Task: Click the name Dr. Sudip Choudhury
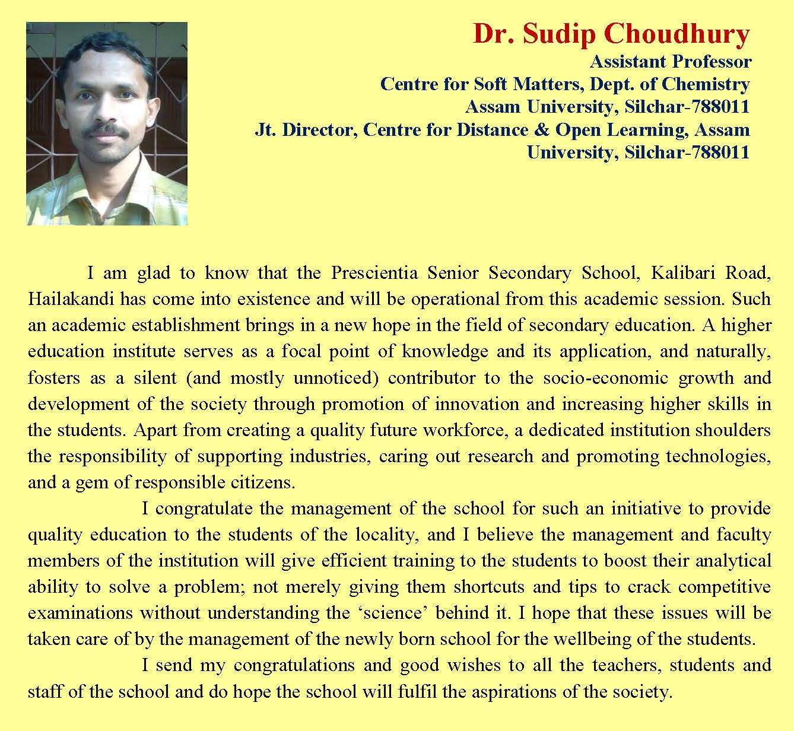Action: (611, 35)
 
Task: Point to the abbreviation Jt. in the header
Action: (265, 130)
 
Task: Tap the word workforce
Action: (463, 430)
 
